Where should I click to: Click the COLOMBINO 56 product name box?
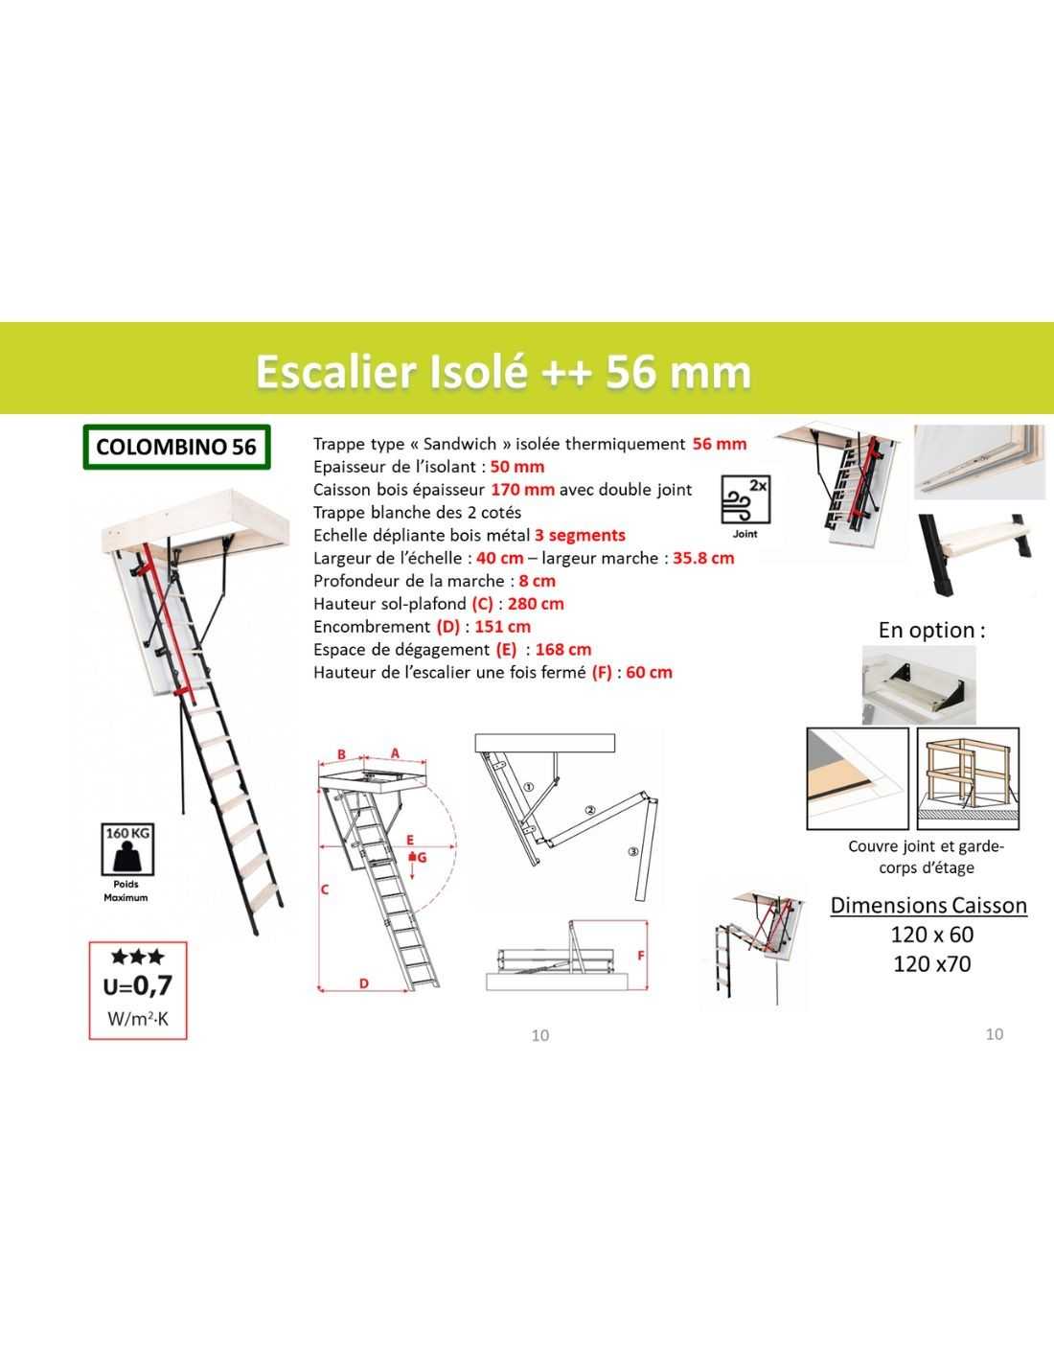tap(176, 447)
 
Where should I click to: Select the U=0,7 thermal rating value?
tap(138, 985)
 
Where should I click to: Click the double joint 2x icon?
tap(745, 500)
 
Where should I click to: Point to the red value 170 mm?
tap(522, 490)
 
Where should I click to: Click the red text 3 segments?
tap(580, 536)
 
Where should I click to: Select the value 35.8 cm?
tap(703, 558)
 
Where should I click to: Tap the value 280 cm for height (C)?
tap(536, 604)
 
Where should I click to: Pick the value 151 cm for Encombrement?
tap(503, 627)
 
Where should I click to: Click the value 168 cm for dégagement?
tap(563, 650)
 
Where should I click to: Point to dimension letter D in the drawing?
tap(364, 983)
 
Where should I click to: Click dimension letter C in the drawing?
tap(325, 889)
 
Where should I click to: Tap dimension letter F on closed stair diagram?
tap(641, 956)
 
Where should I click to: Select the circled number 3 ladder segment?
tap(632, 851)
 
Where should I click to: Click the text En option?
tap(931, 631)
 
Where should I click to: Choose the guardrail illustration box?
tap(968, 778)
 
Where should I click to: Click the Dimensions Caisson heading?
tap(928, 906)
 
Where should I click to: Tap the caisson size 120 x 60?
tap(931, 935)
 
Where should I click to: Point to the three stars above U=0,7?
tap(138, 958)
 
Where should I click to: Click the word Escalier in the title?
tap(336, 371)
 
